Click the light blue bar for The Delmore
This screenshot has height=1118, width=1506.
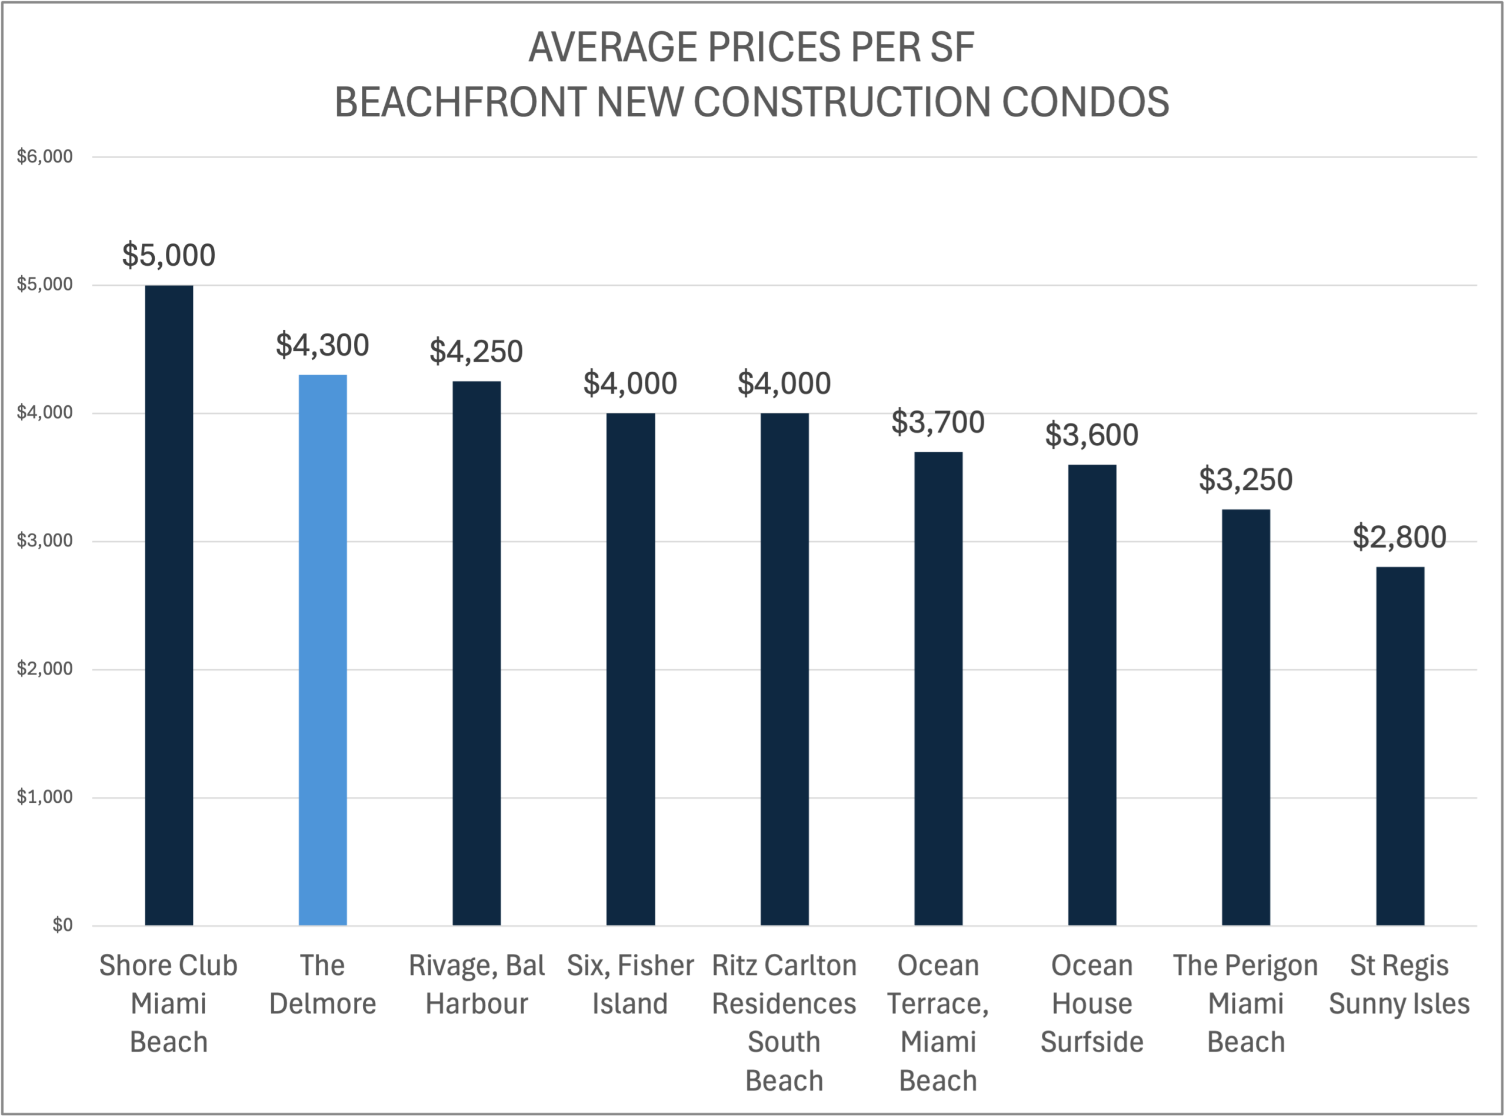(x=323, y=650)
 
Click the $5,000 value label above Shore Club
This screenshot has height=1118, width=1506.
(x=168, y=255)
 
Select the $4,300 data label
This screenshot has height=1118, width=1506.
(x=322, y=345)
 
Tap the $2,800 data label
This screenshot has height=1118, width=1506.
(x=1399, y=537)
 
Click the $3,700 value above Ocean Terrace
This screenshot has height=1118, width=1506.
(x=938, y=422)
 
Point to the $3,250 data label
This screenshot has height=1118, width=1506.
(x=1245, y=480)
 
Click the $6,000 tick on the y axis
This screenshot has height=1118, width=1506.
(x=45, y=156)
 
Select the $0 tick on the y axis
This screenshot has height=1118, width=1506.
(x=62, y=925)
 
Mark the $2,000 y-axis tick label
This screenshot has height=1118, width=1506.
(x=45, y=669)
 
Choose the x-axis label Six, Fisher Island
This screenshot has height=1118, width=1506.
(x=630, y=984)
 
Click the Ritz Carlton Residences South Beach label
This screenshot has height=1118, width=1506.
(x=784, y=1022)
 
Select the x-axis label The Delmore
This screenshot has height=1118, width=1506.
(x=322, y=984)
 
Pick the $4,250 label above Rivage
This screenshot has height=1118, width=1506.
(x=476, y=351)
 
